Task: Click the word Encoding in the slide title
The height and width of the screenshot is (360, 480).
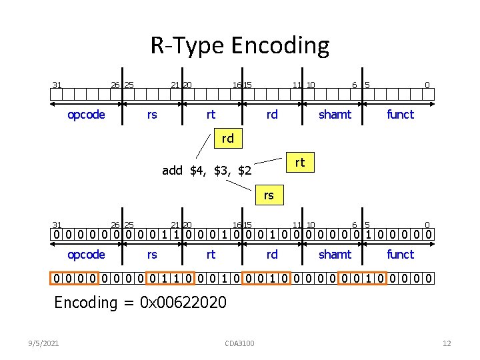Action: [280, 46]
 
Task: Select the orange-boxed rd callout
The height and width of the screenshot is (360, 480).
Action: [228, 139]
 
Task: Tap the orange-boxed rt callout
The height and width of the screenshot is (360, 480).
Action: [299, 162]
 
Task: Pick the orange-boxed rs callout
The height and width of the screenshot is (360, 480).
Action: [269, 195]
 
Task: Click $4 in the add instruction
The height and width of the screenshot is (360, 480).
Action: [197, 171]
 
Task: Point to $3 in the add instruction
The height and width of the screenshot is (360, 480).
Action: [221, 171]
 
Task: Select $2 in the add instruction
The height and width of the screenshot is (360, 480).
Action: [245, 171]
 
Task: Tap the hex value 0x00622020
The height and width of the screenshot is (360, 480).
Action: [184, 303]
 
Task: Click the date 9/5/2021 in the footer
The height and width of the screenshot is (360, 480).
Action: [43, 343]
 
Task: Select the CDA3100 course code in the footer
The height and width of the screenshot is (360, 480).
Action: [240, 343]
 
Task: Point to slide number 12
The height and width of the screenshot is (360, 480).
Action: [447, 343]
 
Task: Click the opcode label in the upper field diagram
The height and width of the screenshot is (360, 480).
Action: [86, 115]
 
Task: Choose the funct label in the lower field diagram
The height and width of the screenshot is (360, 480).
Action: [400, 255]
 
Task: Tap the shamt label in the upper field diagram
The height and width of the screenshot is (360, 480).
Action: [335, 115]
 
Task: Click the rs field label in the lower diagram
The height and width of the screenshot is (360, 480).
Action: [152, 255]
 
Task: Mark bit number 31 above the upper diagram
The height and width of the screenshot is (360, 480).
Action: [57, 85]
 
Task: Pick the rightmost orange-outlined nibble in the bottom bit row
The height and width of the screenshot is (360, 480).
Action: [410, 278]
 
